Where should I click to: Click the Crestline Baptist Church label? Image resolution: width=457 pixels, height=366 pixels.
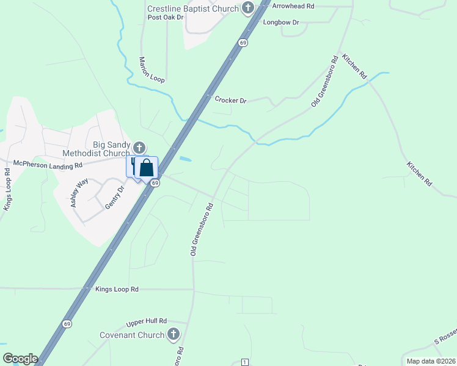[192, 9]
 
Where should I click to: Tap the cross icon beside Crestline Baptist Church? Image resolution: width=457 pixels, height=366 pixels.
[247, 8]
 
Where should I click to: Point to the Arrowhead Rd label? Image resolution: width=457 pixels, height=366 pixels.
[293, 5]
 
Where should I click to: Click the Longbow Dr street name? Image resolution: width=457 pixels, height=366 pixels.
[281, 23]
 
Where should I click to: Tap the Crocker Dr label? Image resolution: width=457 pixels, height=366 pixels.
[230, 100]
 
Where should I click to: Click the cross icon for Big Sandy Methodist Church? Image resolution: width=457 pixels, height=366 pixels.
[139, 147]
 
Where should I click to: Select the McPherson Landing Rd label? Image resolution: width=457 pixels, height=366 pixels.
[48, 165]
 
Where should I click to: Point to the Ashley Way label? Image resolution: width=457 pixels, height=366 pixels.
[79, 192]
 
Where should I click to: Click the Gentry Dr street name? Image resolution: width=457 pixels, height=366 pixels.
[114, 197]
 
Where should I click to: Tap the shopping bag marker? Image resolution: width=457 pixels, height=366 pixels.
[147, 168]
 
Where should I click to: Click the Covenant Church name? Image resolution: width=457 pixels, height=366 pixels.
[133, 335]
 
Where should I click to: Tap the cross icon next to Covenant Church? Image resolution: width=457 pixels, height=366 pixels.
[174, 334]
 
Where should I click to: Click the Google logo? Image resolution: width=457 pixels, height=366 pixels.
[20, 359]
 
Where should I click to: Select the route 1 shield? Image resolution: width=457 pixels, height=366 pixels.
[244, 362]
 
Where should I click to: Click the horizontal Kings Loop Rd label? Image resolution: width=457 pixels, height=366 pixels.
[117, 289]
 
